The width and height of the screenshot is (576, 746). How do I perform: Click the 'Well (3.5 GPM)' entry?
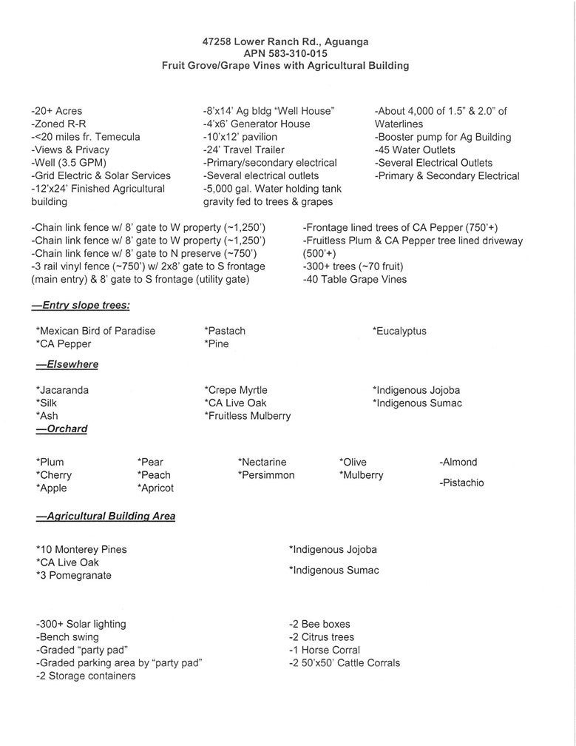69,163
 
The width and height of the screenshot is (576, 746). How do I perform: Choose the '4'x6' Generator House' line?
257,124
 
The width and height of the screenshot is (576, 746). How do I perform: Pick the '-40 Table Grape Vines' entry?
354,280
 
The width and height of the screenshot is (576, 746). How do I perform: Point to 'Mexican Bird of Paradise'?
95,331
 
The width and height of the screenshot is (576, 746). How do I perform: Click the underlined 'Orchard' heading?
67,429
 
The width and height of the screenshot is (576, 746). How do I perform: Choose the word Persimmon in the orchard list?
266,475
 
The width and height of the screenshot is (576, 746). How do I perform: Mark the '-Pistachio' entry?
461,483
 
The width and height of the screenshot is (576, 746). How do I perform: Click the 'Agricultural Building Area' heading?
110,516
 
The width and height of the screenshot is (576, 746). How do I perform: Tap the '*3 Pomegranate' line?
74,575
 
